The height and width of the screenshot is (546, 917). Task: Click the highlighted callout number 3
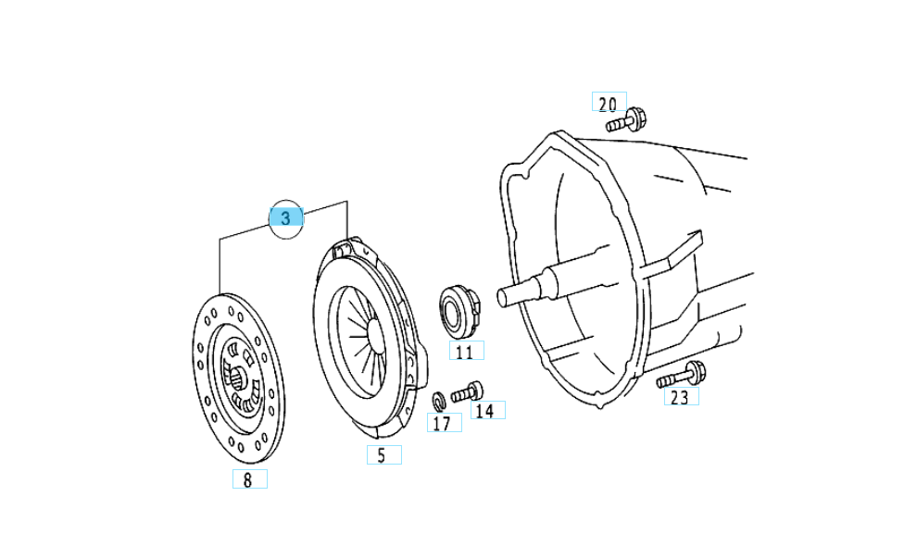(285, 217)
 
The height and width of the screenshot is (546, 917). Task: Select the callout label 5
(383, 455)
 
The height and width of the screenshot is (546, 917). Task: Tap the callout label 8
(248, 479)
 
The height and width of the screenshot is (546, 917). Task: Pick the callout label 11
(465, 352)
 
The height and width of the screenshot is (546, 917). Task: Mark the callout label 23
(681, 397)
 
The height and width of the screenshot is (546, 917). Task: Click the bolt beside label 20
(626, 120)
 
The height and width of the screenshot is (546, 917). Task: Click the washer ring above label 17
(439, 401)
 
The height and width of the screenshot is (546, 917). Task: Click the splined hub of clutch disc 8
(239, 375)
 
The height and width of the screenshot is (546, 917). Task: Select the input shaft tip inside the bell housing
(505, 296)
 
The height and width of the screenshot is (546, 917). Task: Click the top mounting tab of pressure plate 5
(345, 247)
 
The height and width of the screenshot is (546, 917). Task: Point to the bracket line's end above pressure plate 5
(346, 237)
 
